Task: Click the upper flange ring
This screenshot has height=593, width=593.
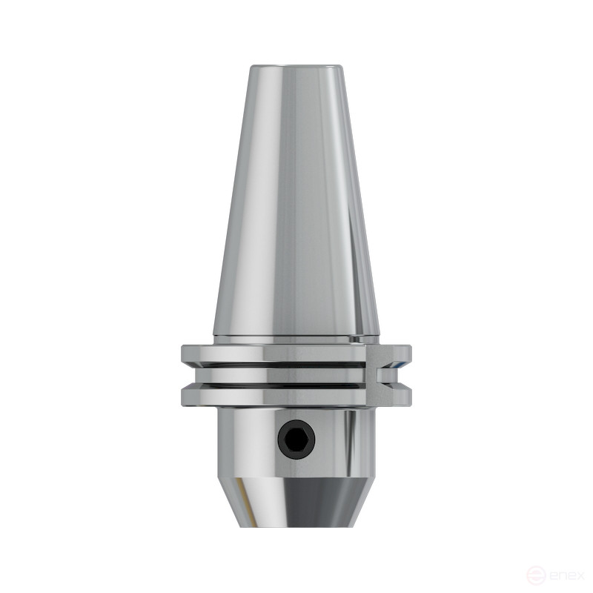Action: [282, 354]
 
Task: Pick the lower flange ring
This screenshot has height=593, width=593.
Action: [282, 397]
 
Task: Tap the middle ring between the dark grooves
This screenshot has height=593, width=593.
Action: [282, 375]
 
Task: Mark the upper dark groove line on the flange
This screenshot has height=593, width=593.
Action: [282, 365]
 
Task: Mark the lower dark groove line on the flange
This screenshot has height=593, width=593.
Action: [282, 385]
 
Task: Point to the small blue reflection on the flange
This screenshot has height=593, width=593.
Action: [401, 365]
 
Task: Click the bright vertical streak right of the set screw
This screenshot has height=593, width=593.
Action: [342, 441]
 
